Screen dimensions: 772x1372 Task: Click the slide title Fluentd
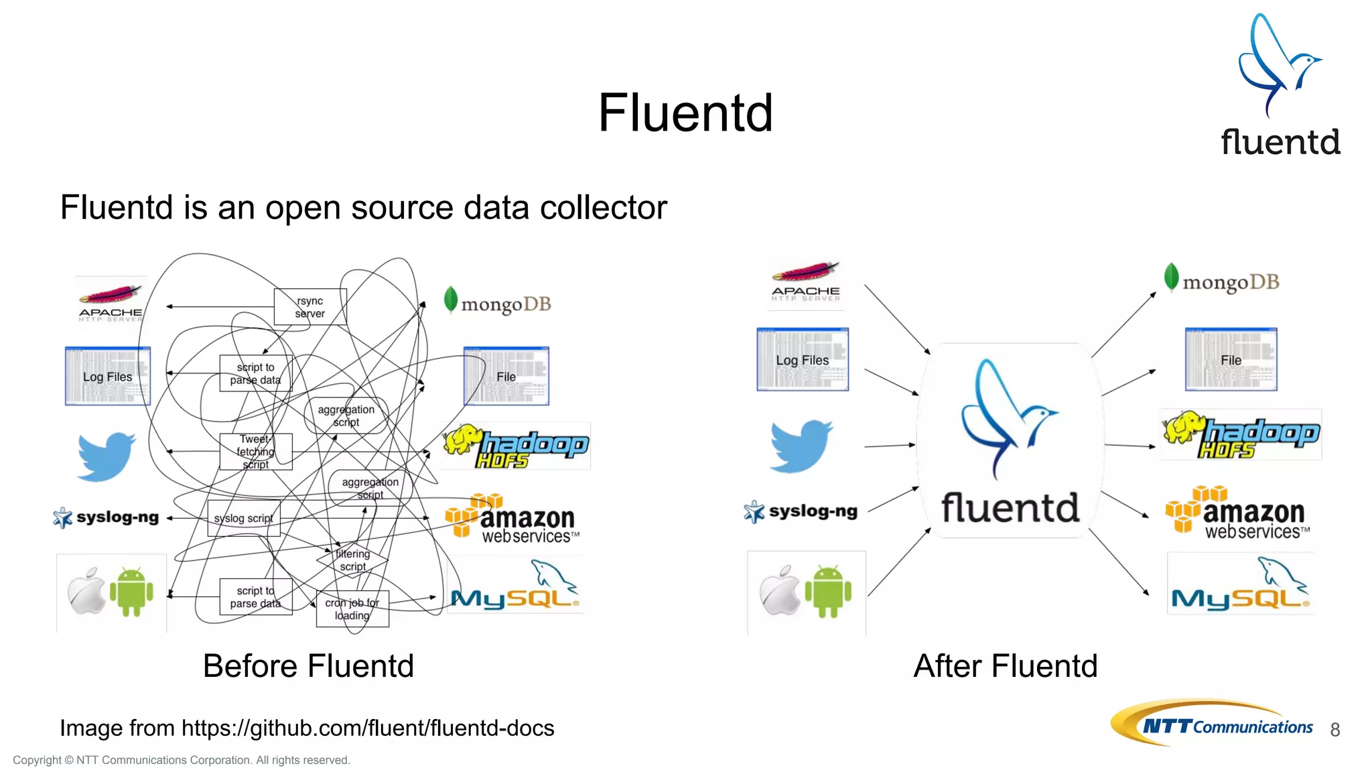tap(685, 113)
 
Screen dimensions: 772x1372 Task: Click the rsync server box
tap(310, 307)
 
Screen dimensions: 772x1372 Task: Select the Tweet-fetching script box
tap(255, 452)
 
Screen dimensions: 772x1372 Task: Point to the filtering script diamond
tap(352, 560)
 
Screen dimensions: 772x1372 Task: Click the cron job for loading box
tap(352, 608)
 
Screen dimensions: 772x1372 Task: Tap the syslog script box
tap(243, 518)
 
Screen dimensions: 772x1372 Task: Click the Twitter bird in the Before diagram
tap(106, 456)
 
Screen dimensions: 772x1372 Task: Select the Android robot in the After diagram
tap(828, 592)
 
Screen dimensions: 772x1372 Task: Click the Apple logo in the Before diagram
tap(88, 592)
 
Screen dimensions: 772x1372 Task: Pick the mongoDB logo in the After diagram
tap(1222, 281)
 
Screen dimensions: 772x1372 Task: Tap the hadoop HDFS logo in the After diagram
tap(1241, 435)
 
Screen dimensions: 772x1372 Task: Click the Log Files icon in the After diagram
tap(803, 360)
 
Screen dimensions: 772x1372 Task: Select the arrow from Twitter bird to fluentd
tap(889, 446)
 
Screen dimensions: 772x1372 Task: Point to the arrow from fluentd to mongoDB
tap(1123, 325)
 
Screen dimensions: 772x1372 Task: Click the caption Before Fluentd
tap(308, 666)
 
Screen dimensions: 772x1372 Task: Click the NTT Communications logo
tap(1213, 724)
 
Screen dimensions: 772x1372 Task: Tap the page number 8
tap(1334, 730)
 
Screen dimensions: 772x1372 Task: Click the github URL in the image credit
tap(368, 728)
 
